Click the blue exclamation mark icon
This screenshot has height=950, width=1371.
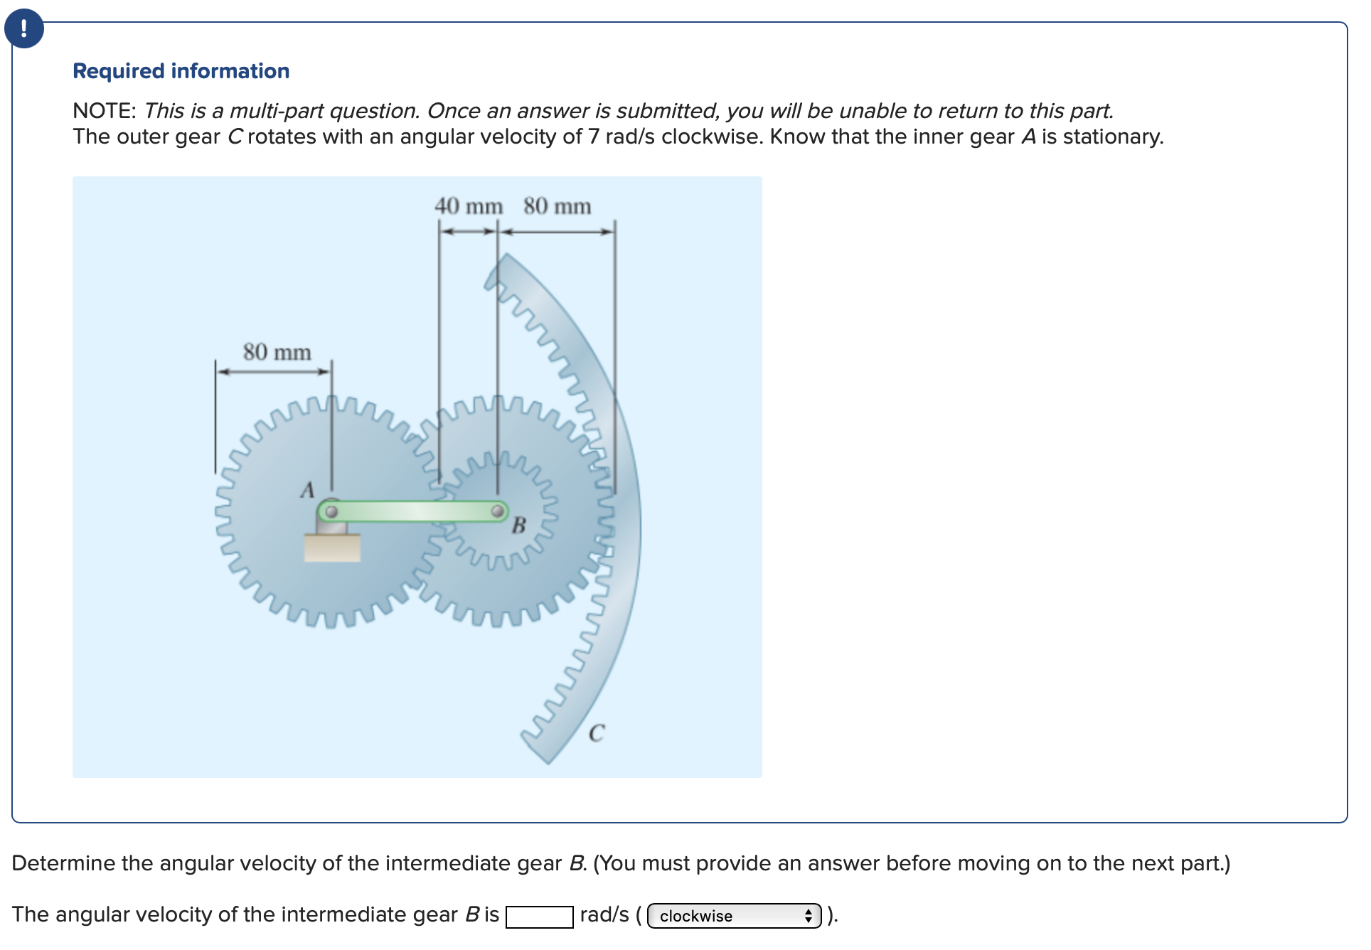coord(24,28)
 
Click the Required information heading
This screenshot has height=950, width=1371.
coord(181,71)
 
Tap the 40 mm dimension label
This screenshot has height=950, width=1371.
coord(468,206)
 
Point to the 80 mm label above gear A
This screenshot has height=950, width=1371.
coord(277,352)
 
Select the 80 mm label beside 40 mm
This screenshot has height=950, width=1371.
coord(557,206)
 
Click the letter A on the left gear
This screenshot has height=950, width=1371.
coord(307,490)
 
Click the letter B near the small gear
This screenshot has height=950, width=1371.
coord(519,525)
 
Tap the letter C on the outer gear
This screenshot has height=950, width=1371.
coord(597,732)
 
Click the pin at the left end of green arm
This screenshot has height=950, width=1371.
coord(331,511)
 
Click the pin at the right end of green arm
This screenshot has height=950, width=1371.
coord(498,511)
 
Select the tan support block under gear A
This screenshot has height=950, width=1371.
coord(332,548)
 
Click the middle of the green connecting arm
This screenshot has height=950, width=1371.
coord(414,511)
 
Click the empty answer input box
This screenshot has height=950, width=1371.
coord(539,917)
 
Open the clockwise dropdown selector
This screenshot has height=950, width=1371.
coord(734,916)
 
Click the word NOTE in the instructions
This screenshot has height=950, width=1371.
coord(104,111)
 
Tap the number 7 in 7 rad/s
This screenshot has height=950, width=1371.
coord(593,137)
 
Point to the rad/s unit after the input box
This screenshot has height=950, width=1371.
coord(604,914)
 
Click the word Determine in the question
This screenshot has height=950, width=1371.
coord(63,863)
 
